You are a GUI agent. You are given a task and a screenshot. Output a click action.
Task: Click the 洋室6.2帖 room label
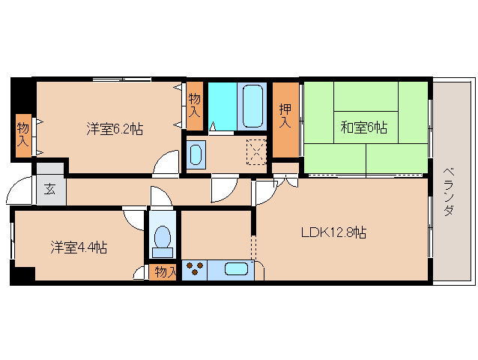114,129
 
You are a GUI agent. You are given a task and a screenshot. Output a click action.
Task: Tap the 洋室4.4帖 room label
79,247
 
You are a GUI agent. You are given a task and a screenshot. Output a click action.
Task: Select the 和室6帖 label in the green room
364,128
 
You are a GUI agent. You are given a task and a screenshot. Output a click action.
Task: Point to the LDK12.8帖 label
334,232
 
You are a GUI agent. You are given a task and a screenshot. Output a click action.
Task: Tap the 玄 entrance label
49,188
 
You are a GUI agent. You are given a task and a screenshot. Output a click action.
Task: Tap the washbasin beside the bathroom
196,154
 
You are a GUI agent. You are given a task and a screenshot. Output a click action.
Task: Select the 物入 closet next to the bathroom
195,103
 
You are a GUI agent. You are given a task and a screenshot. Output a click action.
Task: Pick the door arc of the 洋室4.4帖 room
135,218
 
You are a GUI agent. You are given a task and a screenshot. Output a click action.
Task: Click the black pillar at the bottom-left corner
21,276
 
